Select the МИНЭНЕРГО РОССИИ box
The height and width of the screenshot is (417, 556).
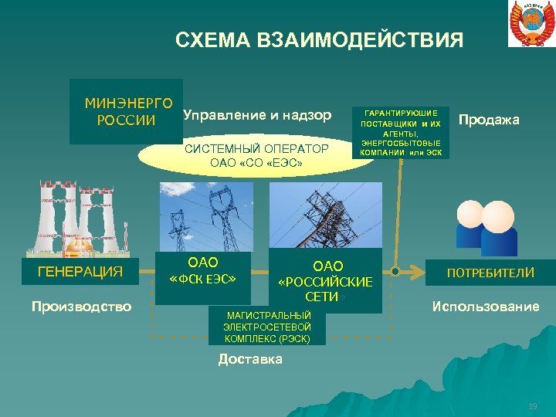126,111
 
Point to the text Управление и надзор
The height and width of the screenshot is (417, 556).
257,115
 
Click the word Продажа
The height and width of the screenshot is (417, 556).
489,120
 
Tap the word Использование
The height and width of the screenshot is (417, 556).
486,307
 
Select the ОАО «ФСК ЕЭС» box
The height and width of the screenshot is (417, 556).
203,271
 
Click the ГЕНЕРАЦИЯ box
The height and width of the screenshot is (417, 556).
80,272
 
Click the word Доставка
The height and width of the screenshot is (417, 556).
250,359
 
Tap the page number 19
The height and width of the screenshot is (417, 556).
531,407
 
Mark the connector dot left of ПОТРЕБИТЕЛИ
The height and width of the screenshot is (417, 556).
395,272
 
